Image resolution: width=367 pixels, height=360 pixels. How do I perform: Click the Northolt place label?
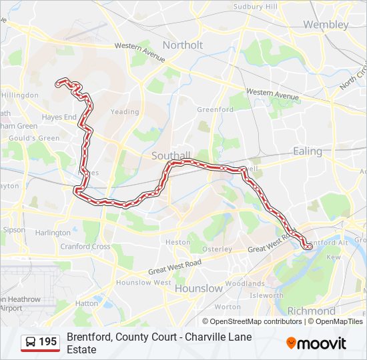[183, 45]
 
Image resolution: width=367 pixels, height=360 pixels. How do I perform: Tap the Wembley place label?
[326, 25]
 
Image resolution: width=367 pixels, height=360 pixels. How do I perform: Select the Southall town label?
[171, 155]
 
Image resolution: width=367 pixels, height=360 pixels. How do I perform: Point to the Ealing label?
[308, 151]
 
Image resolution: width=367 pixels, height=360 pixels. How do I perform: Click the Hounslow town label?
[198, 289]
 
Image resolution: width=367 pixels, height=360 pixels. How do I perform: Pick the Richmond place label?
[311, 311]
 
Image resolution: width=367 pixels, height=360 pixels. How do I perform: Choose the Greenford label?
[215, 109]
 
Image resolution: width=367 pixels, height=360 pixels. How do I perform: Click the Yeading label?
[124, 112]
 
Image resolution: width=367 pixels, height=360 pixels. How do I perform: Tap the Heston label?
[177, 242]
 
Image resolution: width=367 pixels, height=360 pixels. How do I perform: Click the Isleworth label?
[266, 295]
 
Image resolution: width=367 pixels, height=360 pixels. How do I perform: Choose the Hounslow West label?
[143, 282]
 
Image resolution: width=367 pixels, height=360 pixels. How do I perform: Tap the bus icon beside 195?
[31, 342]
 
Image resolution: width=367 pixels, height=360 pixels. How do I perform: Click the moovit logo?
[316, 343]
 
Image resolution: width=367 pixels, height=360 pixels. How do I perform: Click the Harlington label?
[53, 233]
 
